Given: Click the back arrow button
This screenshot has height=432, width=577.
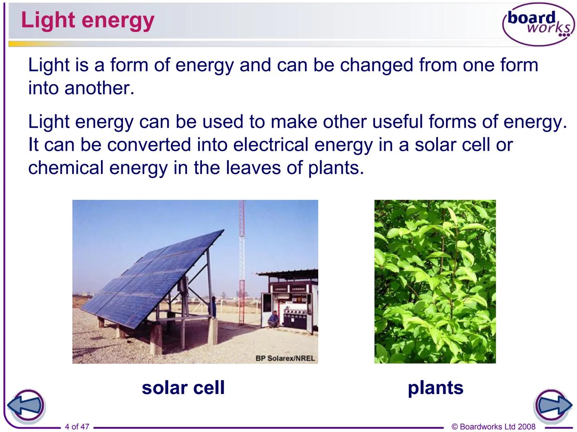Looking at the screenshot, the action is tap(26, 406).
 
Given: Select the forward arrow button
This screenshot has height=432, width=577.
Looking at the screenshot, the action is tap(553, 406).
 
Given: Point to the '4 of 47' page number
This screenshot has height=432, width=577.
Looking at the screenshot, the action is tap(77, 426).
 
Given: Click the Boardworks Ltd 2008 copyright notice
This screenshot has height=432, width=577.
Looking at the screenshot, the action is tap(493, 426).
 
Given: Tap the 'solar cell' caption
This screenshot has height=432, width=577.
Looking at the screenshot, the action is tap(183, 388).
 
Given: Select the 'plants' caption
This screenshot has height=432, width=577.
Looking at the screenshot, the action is tap(436, 388).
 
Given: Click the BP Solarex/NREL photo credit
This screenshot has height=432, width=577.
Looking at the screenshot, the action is tap(285, 358).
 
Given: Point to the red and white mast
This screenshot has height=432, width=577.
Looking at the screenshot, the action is tap(242, 262).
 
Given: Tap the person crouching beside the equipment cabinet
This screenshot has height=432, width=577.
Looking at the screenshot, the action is tap(273, 319).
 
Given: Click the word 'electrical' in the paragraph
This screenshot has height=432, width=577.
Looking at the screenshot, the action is tap(271, 144).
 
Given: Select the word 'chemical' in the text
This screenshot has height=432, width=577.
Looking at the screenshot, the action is tap(66, 168).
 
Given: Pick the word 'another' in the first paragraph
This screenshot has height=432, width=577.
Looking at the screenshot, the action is tap(99, 88).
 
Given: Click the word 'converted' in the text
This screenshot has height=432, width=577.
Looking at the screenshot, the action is tap(149, 145).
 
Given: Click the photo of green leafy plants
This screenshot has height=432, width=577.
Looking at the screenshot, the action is tap(435, 282).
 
